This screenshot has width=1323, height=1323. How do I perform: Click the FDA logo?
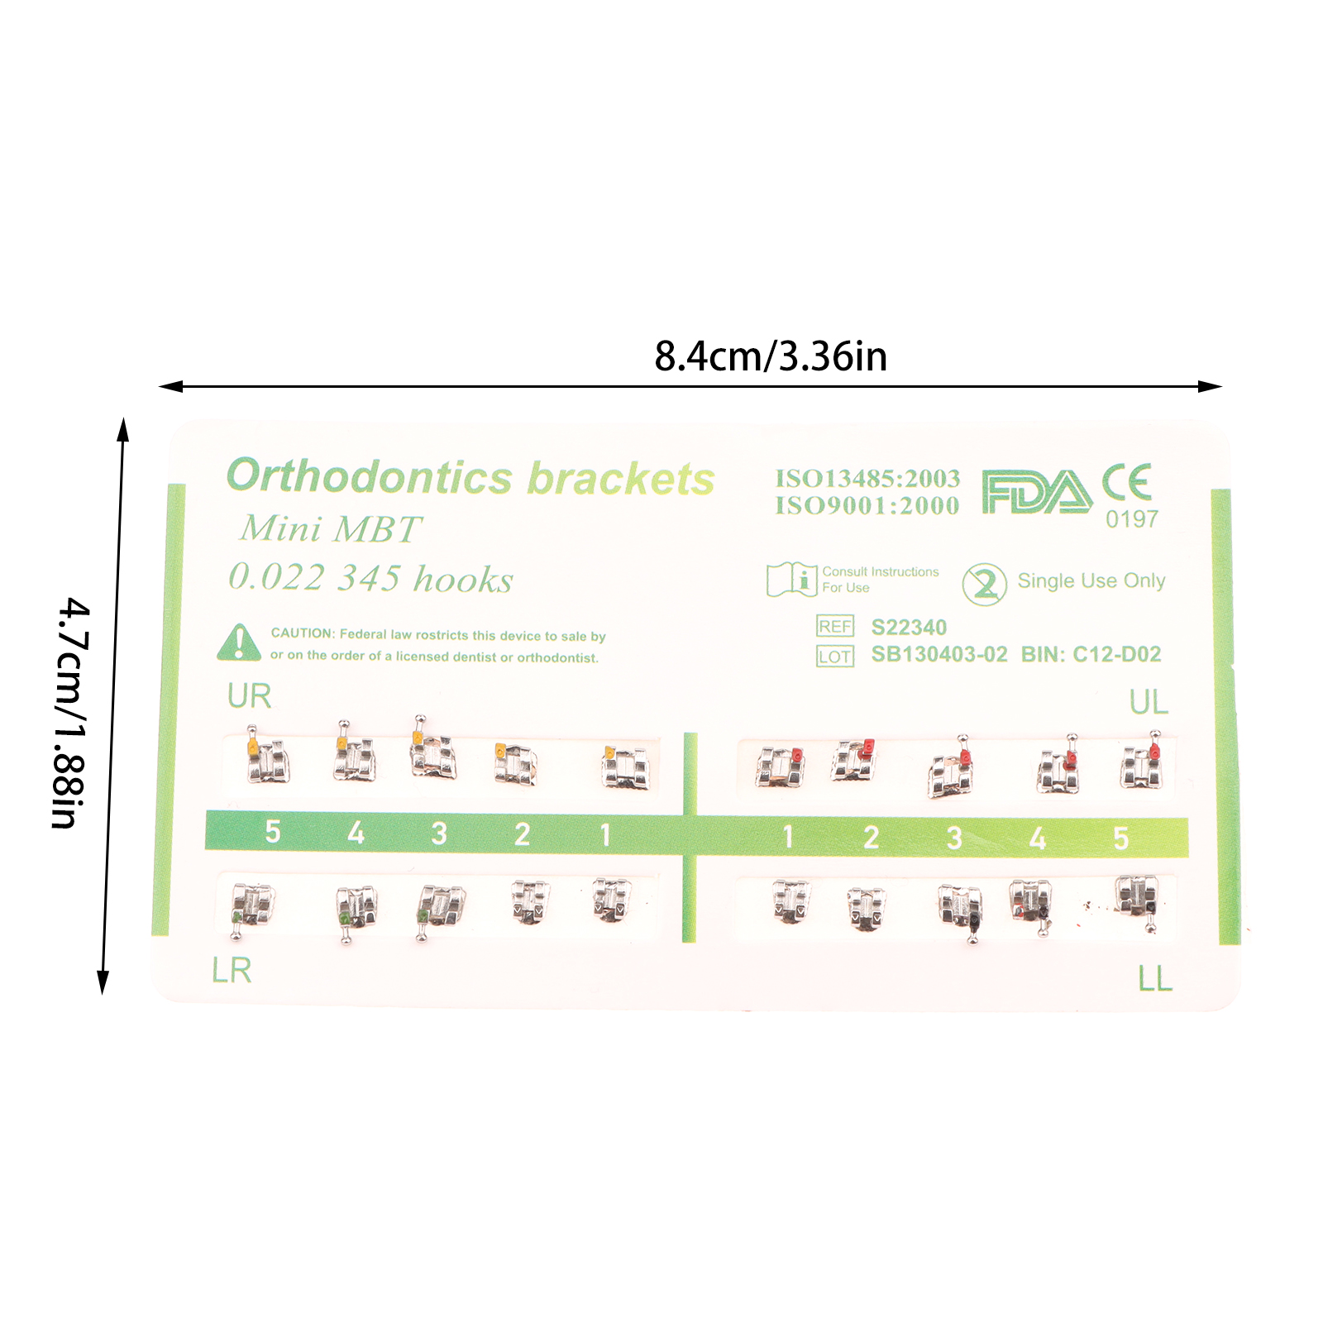coord(1037,492)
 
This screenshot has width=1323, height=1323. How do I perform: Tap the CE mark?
coord(1127,482)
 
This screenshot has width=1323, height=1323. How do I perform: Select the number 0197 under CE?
coord(1132,519)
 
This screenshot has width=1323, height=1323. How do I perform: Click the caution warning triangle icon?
coord(239,642)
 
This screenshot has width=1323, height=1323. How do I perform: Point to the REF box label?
coord(835,627)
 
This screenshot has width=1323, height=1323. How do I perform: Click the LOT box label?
coord(835,657)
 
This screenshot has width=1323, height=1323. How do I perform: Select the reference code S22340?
coord(909,628)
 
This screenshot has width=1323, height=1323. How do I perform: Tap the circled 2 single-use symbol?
coord(984,585)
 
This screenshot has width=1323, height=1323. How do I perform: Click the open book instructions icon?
coord(791,579)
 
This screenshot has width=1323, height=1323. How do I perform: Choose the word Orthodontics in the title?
coord(370,477)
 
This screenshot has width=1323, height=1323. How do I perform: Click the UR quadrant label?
coord(249,696)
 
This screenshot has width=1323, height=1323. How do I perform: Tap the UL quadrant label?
coord(1149,702)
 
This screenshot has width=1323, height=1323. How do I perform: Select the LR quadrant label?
coord(232,970)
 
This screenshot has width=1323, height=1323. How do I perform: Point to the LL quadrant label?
coord(1155,979)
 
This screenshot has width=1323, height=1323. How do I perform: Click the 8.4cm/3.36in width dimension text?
coord(771,357)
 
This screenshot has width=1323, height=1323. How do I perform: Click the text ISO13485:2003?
coord(867,479)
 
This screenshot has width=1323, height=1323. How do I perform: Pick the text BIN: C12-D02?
coord(1091,655)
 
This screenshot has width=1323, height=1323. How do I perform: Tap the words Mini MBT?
coord(331,529)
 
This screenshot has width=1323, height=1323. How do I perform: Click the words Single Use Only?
coord(1091,581)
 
